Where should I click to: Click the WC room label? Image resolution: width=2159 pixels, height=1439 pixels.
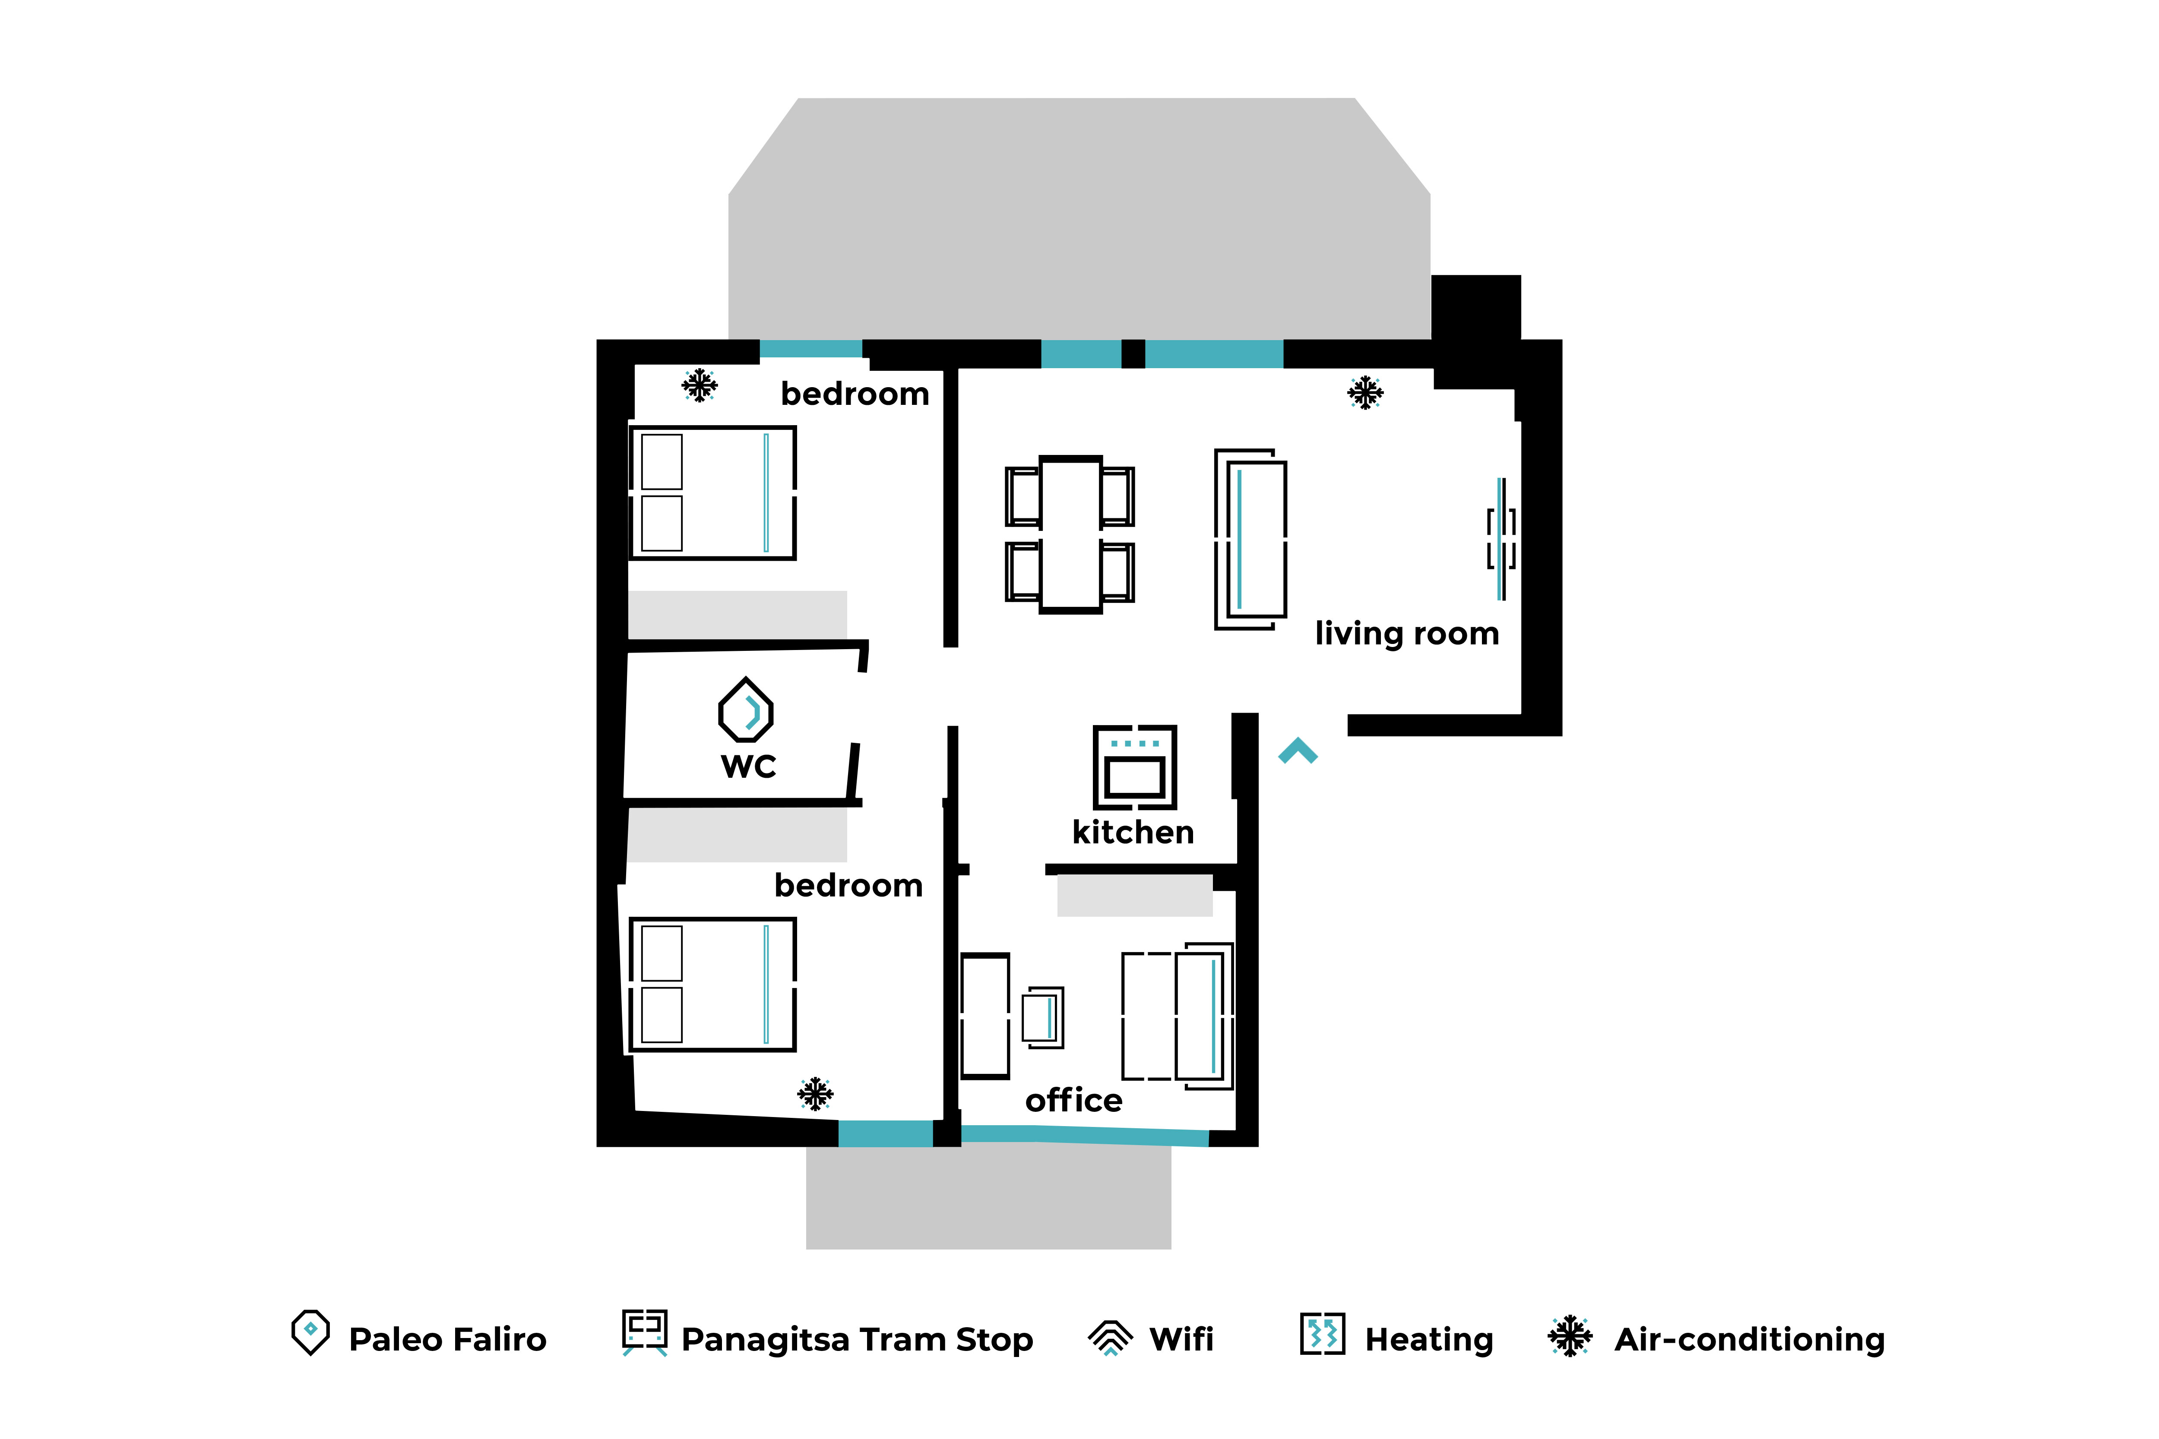748,766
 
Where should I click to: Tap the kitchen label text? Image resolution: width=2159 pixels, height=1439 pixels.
1133,833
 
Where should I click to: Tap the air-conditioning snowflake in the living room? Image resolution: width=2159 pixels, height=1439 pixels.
1365,393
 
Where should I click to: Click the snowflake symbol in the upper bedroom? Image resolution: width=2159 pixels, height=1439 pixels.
700,385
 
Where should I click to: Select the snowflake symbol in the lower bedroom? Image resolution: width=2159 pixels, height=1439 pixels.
815,1094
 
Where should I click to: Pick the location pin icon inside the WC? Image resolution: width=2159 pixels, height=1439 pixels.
745,710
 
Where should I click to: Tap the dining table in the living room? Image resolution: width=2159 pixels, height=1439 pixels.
1070,534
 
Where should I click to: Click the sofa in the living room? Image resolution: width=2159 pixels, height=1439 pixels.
1250,540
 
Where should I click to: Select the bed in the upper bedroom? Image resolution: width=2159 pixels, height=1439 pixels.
712,493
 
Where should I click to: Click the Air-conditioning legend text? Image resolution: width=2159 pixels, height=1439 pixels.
1750,1340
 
